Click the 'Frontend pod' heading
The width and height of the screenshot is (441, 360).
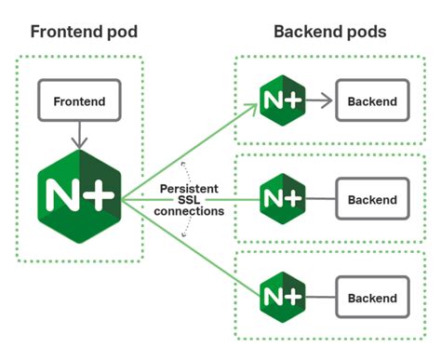pyautogui.click(x=83, y=32)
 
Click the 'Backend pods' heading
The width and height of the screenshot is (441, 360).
pyautogui.click(x=329, y=32)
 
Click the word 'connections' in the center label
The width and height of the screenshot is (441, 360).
pyautogui.click(x=190, y=211)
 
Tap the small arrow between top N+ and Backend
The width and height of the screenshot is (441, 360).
pyautogui.click(x=319, y=101)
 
